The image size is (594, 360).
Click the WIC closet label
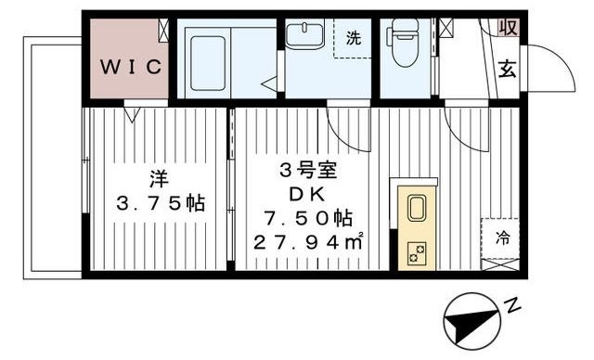(x=130, y=66)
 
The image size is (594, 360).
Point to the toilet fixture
(x=405, y=45)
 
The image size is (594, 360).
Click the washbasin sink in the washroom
(x=302, y=35)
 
